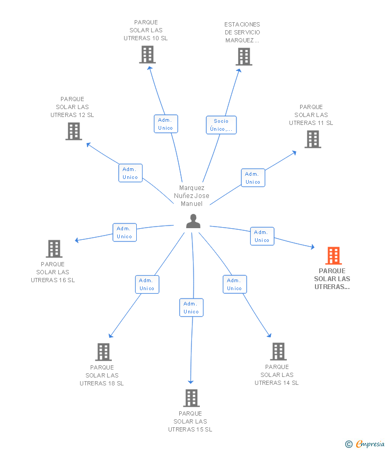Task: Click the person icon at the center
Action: pos(193,221)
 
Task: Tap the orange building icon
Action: pos(334,256)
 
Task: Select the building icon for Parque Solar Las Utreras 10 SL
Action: pos(147,55)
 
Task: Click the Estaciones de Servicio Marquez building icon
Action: pos(243,57)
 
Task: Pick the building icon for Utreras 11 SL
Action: pos(313,139)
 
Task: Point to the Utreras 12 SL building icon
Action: pos(74,131)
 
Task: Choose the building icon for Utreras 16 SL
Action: pos(54,249)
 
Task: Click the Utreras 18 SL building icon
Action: pos(103,352)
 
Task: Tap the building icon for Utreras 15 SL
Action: pos(191,398)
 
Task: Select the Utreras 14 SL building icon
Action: pos(278,352)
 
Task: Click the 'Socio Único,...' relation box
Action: pos(221,125)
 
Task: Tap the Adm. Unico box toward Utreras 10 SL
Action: pos(165,124)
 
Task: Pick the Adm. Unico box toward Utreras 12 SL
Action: pos(130,173)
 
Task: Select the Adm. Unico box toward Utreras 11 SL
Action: pos(253,178)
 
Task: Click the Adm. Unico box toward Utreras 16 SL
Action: pos(125,232)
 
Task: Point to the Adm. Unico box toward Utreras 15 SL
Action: pos(191,308)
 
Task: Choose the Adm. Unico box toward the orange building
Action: pos(262,236)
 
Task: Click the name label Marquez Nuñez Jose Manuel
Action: pos(191,196)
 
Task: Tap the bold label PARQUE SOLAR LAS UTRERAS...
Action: pos(332,279)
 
